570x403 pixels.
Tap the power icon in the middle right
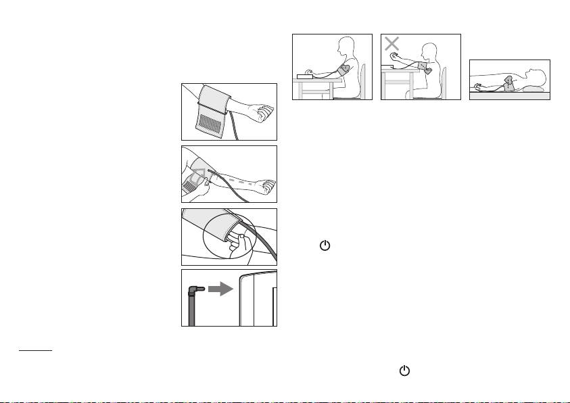325,247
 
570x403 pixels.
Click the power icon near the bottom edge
404,371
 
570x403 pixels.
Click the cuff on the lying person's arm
508,83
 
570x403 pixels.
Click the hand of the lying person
479,87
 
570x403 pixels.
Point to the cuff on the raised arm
422,67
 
